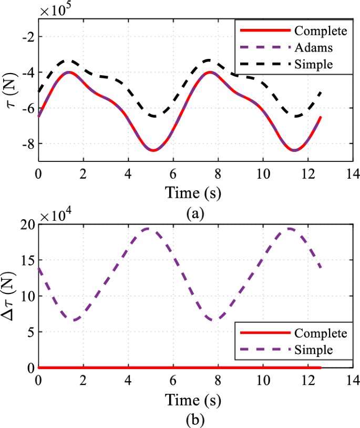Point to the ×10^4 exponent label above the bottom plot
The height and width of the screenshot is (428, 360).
[56, 216]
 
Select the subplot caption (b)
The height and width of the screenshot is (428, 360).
[195, 420]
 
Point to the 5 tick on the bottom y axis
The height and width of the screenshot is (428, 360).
[29, 332]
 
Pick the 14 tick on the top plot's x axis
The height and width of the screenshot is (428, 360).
[353, 173]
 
